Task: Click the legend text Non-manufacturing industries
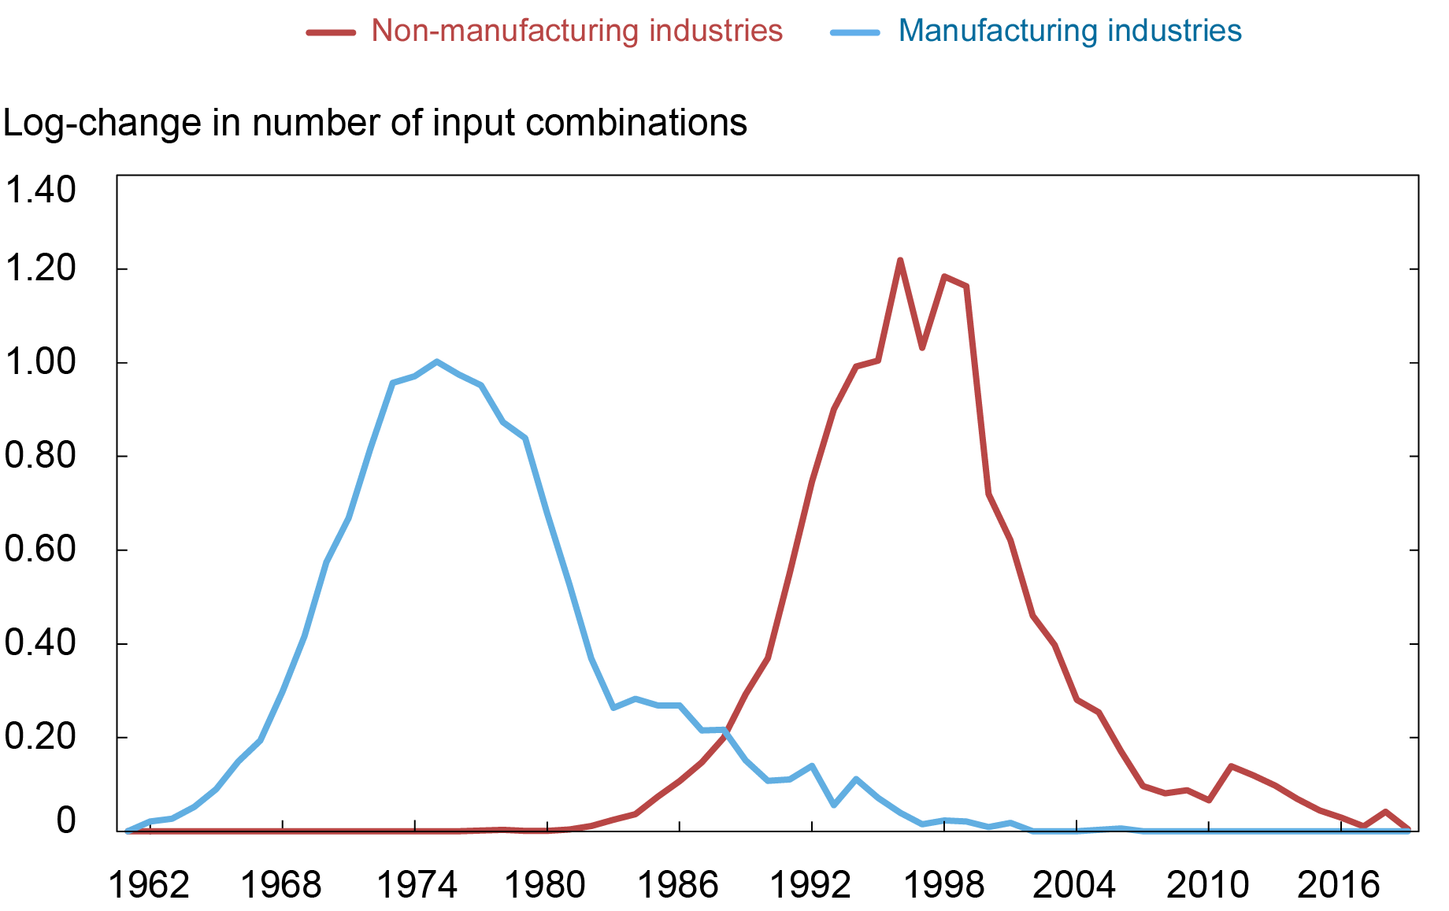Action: tap(576, 31)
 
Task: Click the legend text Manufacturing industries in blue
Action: tap(1069, 31)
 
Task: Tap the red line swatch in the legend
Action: tap(331, 32)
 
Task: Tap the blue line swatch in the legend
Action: tap(855, 32)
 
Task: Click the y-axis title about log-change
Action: tap(375, 123)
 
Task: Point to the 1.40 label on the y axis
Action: tap(40, 190)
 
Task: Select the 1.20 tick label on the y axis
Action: tap(40, 269)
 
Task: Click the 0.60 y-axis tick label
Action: tap(40, 550)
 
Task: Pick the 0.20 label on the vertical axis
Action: tap(40, 737)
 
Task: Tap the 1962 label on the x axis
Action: tap(149, 885)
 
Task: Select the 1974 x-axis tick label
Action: tap(417, 885)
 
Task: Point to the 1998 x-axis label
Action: tap(943, 885)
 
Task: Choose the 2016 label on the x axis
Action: tap(1339, 885)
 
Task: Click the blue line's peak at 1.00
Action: tap(436, 361)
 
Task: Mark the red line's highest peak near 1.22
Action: tap(900, 261)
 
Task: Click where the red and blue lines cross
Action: tap(726, 731)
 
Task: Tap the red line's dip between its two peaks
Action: tap(922, 347)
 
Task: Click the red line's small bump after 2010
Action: tap(1231, 766)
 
